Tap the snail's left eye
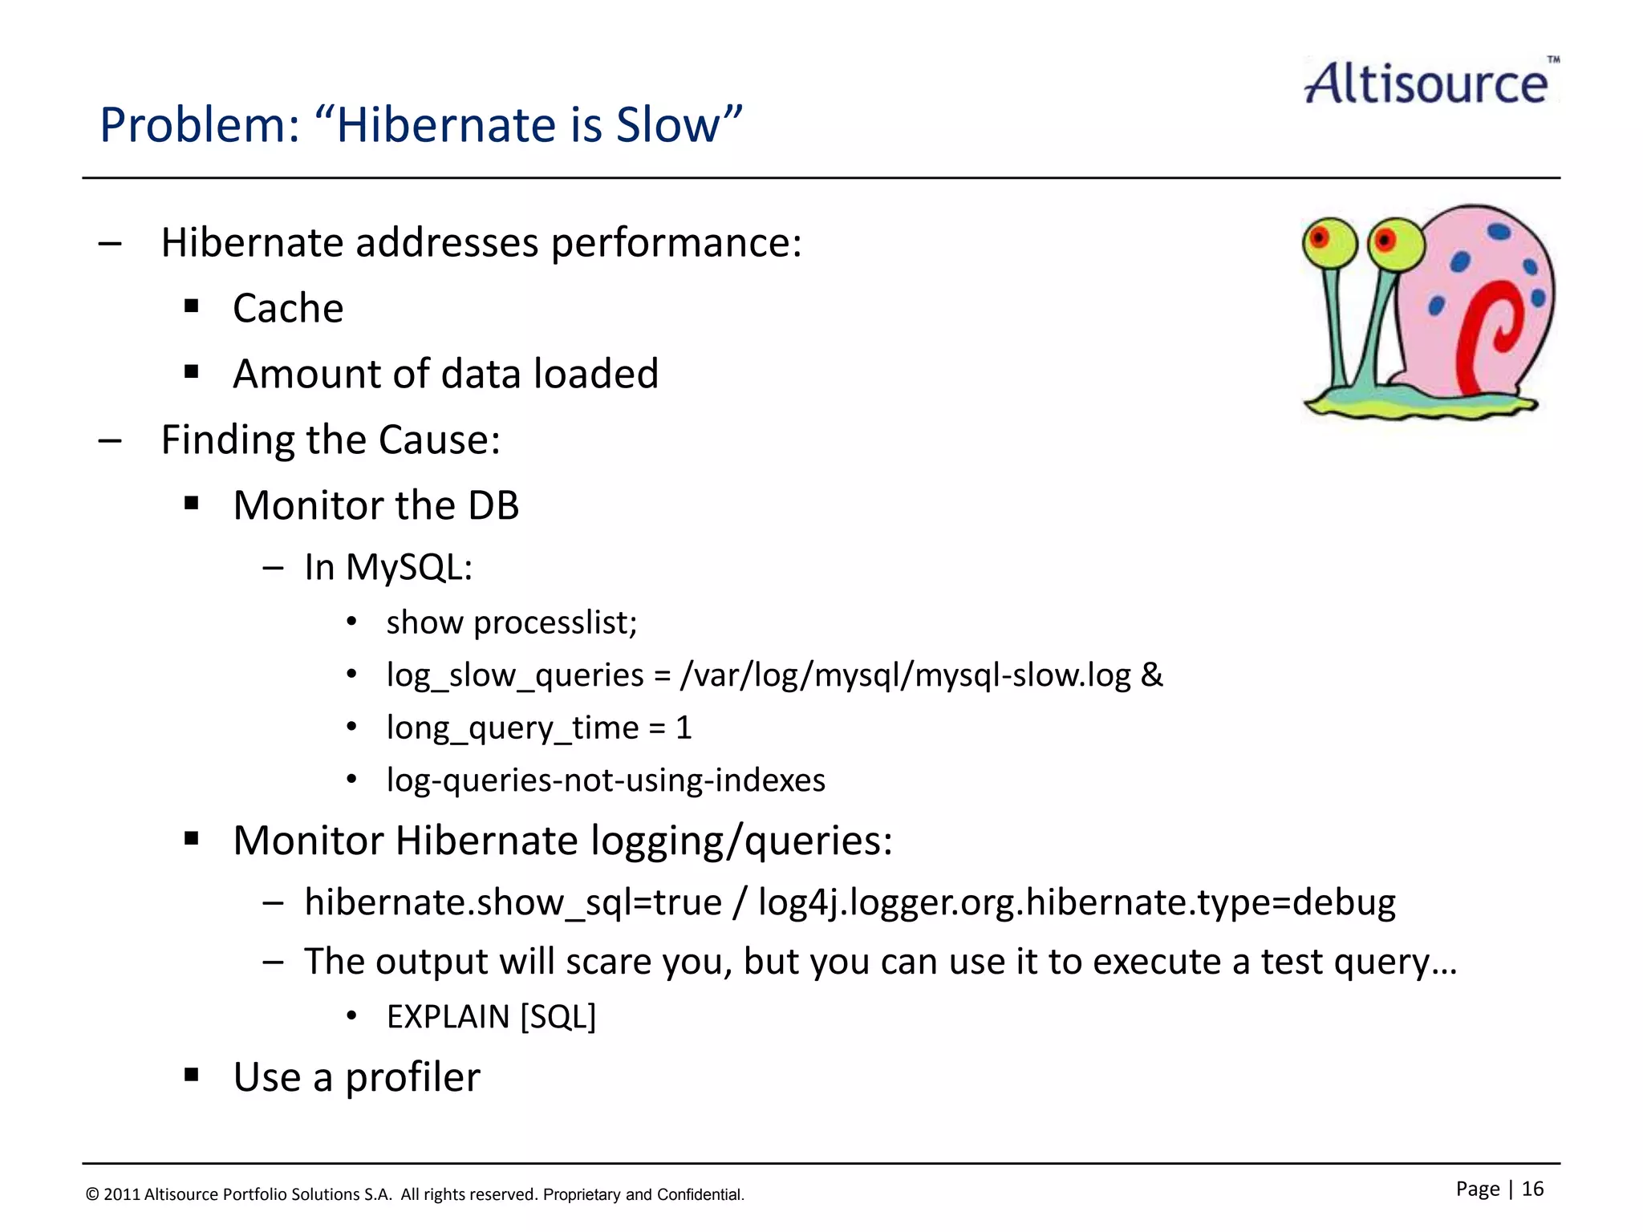pos(1328,241)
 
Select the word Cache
pos(288,308)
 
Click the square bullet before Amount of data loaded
pos(191,372)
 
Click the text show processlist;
pos(511,622)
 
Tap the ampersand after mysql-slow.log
pos(1151,675)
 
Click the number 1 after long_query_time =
pos(684,727)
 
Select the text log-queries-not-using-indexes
pos(606,780)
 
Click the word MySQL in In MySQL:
pos(408,567)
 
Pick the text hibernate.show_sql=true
pos(513,902)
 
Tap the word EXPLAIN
pos(448,1017)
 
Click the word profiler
pos(412,1077)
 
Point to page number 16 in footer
pos(1532,1189)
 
